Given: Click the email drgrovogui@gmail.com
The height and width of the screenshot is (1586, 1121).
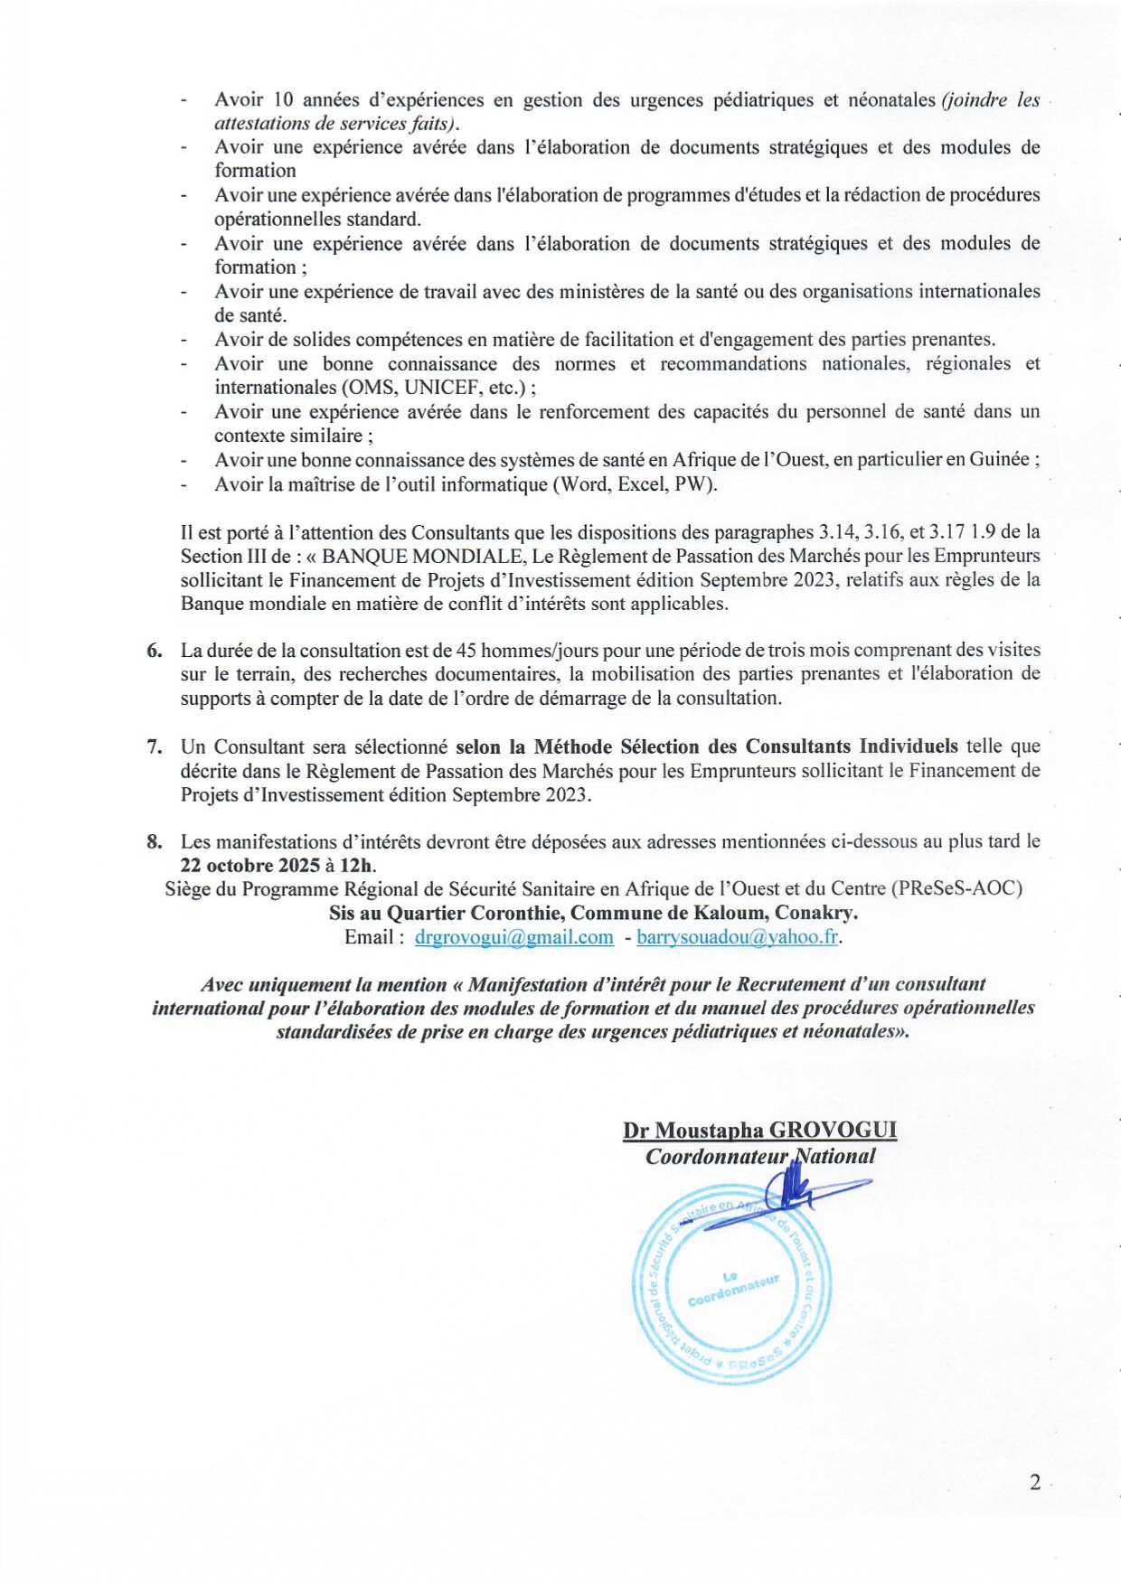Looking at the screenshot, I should [513, 937].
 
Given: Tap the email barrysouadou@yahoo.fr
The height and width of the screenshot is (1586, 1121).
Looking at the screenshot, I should [738, 937].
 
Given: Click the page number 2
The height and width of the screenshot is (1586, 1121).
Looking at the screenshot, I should [1035, 1483].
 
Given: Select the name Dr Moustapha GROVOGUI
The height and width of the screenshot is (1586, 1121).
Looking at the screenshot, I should [759, 1131].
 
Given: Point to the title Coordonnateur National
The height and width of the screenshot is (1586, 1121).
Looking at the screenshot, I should [759, 1157].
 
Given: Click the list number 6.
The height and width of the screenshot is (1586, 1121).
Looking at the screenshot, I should [155, 651].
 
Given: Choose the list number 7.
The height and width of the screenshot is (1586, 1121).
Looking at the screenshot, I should [155, 746].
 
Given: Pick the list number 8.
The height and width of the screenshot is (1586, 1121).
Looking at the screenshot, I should [155, 842].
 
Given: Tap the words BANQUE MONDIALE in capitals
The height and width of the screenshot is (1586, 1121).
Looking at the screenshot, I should [419, 556].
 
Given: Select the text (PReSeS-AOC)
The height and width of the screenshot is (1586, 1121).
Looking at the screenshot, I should [956, 888].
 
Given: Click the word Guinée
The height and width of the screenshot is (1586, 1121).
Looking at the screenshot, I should [1000, 459].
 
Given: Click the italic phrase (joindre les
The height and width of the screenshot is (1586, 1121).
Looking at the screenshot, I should [991, 100].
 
